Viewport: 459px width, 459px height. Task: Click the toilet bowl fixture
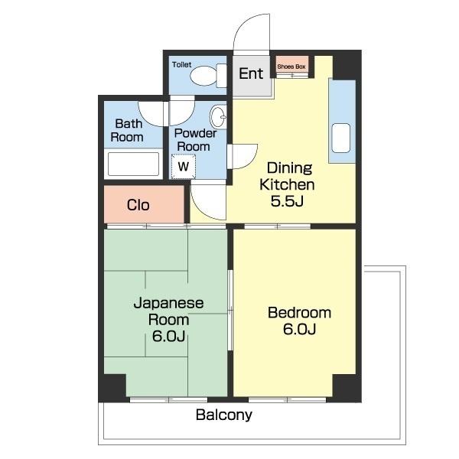point(208,76)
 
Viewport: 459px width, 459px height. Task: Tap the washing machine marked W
point(184,166)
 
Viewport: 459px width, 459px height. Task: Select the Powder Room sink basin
point(218,117)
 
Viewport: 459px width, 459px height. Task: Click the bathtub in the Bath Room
point(133,164)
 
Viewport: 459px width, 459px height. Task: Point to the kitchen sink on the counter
point(341,138)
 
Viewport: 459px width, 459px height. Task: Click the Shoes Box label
point(291,67)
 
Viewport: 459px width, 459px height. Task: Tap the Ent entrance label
point(251,73)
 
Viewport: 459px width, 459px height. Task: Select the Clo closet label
point(138,205)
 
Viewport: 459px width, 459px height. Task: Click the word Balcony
point(224,415)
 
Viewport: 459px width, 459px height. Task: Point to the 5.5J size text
point(287,201)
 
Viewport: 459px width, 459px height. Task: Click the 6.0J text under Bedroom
point(299,329)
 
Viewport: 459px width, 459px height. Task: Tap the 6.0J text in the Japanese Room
point(168,336)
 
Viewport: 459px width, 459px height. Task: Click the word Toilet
point(182,64)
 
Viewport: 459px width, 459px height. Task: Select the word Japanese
point(168,303)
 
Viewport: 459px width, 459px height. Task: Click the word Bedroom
point(299,313)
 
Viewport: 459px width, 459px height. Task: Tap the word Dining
point(289,168)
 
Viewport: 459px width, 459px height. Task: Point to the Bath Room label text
point(127,130)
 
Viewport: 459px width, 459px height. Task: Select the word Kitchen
point(287,184)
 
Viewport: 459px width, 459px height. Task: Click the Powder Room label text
point(195,140)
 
